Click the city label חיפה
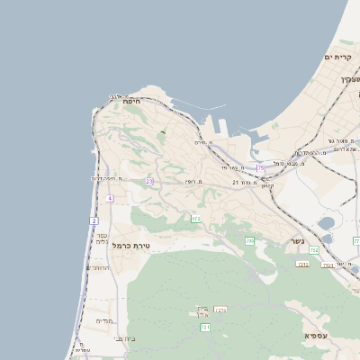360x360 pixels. tap(131, 103)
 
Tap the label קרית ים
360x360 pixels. tap(337, 57)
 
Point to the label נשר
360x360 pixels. tap(297, 241)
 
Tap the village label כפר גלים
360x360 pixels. tap(102, 238)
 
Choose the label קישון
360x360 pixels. tap(266, 184)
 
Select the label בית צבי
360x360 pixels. tap(125, 338)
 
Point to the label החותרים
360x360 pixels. tap(96, 267)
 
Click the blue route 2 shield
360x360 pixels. tap(94, 220)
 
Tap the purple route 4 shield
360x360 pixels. tap(110, 198)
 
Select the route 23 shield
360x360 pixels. tap(149, 181)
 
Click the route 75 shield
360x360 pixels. tap(261, 167)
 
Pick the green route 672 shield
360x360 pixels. tap(195, 219)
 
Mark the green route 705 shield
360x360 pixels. tap(249, 241)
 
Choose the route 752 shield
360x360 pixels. tap(314, 249)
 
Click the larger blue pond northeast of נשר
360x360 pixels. tap(326, 223)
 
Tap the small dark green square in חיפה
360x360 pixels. tap(163, 134)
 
